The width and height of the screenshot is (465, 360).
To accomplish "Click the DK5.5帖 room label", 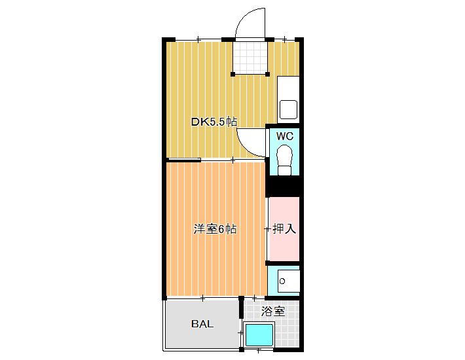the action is pos(214,122).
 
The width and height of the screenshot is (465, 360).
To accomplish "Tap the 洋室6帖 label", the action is pos(215,229).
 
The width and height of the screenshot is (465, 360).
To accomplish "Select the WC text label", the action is pos(285,136).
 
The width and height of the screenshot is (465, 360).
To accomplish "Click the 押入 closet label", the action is pos(284,228).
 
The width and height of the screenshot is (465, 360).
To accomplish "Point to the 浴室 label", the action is pos(273,311).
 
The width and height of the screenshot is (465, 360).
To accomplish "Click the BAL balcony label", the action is pos(202,324).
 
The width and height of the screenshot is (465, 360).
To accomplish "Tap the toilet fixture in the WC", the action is pos(284,160).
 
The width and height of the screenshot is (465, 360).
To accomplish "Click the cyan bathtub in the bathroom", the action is pos(259,335).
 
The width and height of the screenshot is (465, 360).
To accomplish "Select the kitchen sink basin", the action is pos(289,109).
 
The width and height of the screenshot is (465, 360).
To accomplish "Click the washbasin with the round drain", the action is pos(289,281).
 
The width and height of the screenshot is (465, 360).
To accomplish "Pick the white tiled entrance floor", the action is pos(250,58).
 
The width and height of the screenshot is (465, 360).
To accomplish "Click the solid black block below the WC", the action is pos(283,187).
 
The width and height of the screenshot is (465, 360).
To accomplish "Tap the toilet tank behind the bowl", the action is pos(285,171).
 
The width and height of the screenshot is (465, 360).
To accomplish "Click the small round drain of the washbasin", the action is pos(282,281).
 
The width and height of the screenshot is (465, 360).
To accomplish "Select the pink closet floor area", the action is pos(284,229).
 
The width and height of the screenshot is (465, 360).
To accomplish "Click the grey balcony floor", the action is pos(202,324).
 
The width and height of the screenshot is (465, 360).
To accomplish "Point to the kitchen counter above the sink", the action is pos(288,88).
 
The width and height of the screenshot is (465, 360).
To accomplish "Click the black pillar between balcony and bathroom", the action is pos(242,307).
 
